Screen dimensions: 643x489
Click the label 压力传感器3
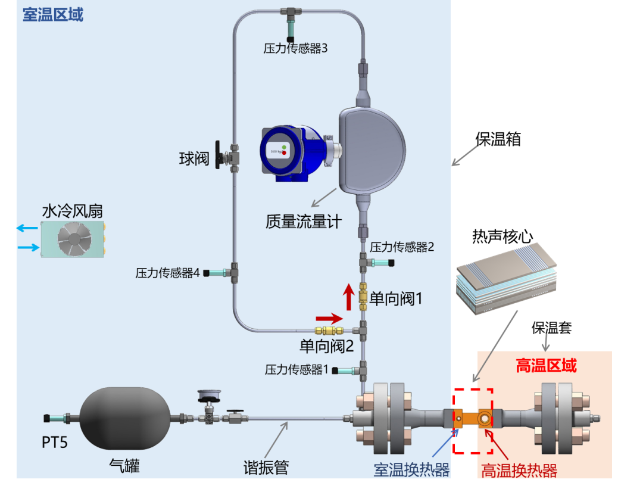[x=295, y=48]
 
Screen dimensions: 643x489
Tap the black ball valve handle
[x=219, y=155]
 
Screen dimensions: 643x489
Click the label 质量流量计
[x=304, y=222]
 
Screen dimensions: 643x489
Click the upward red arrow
[x=349, y=297]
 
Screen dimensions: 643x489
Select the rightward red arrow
[x=329, y=318]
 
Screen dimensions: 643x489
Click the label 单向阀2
[x=326, y=346]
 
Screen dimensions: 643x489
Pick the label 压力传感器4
[x=167, y=273]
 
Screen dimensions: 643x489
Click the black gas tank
[x=124, y=419]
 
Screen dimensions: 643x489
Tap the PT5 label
[x=55, y=442]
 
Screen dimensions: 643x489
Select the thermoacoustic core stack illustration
[x=507, y=278]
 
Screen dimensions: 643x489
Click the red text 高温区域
[x=546, y=365]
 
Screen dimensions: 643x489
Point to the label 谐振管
[x=266, y=467]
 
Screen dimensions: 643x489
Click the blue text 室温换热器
[x=411, y=470]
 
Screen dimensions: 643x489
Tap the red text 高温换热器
[x=519, y=471]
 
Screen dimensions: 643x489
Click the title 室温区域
[x=53, y=15]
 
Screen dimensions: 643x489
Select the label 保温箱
[x=498, y=139]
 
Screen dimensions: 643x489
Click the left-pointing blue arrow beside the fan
[x=27, y=228]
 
